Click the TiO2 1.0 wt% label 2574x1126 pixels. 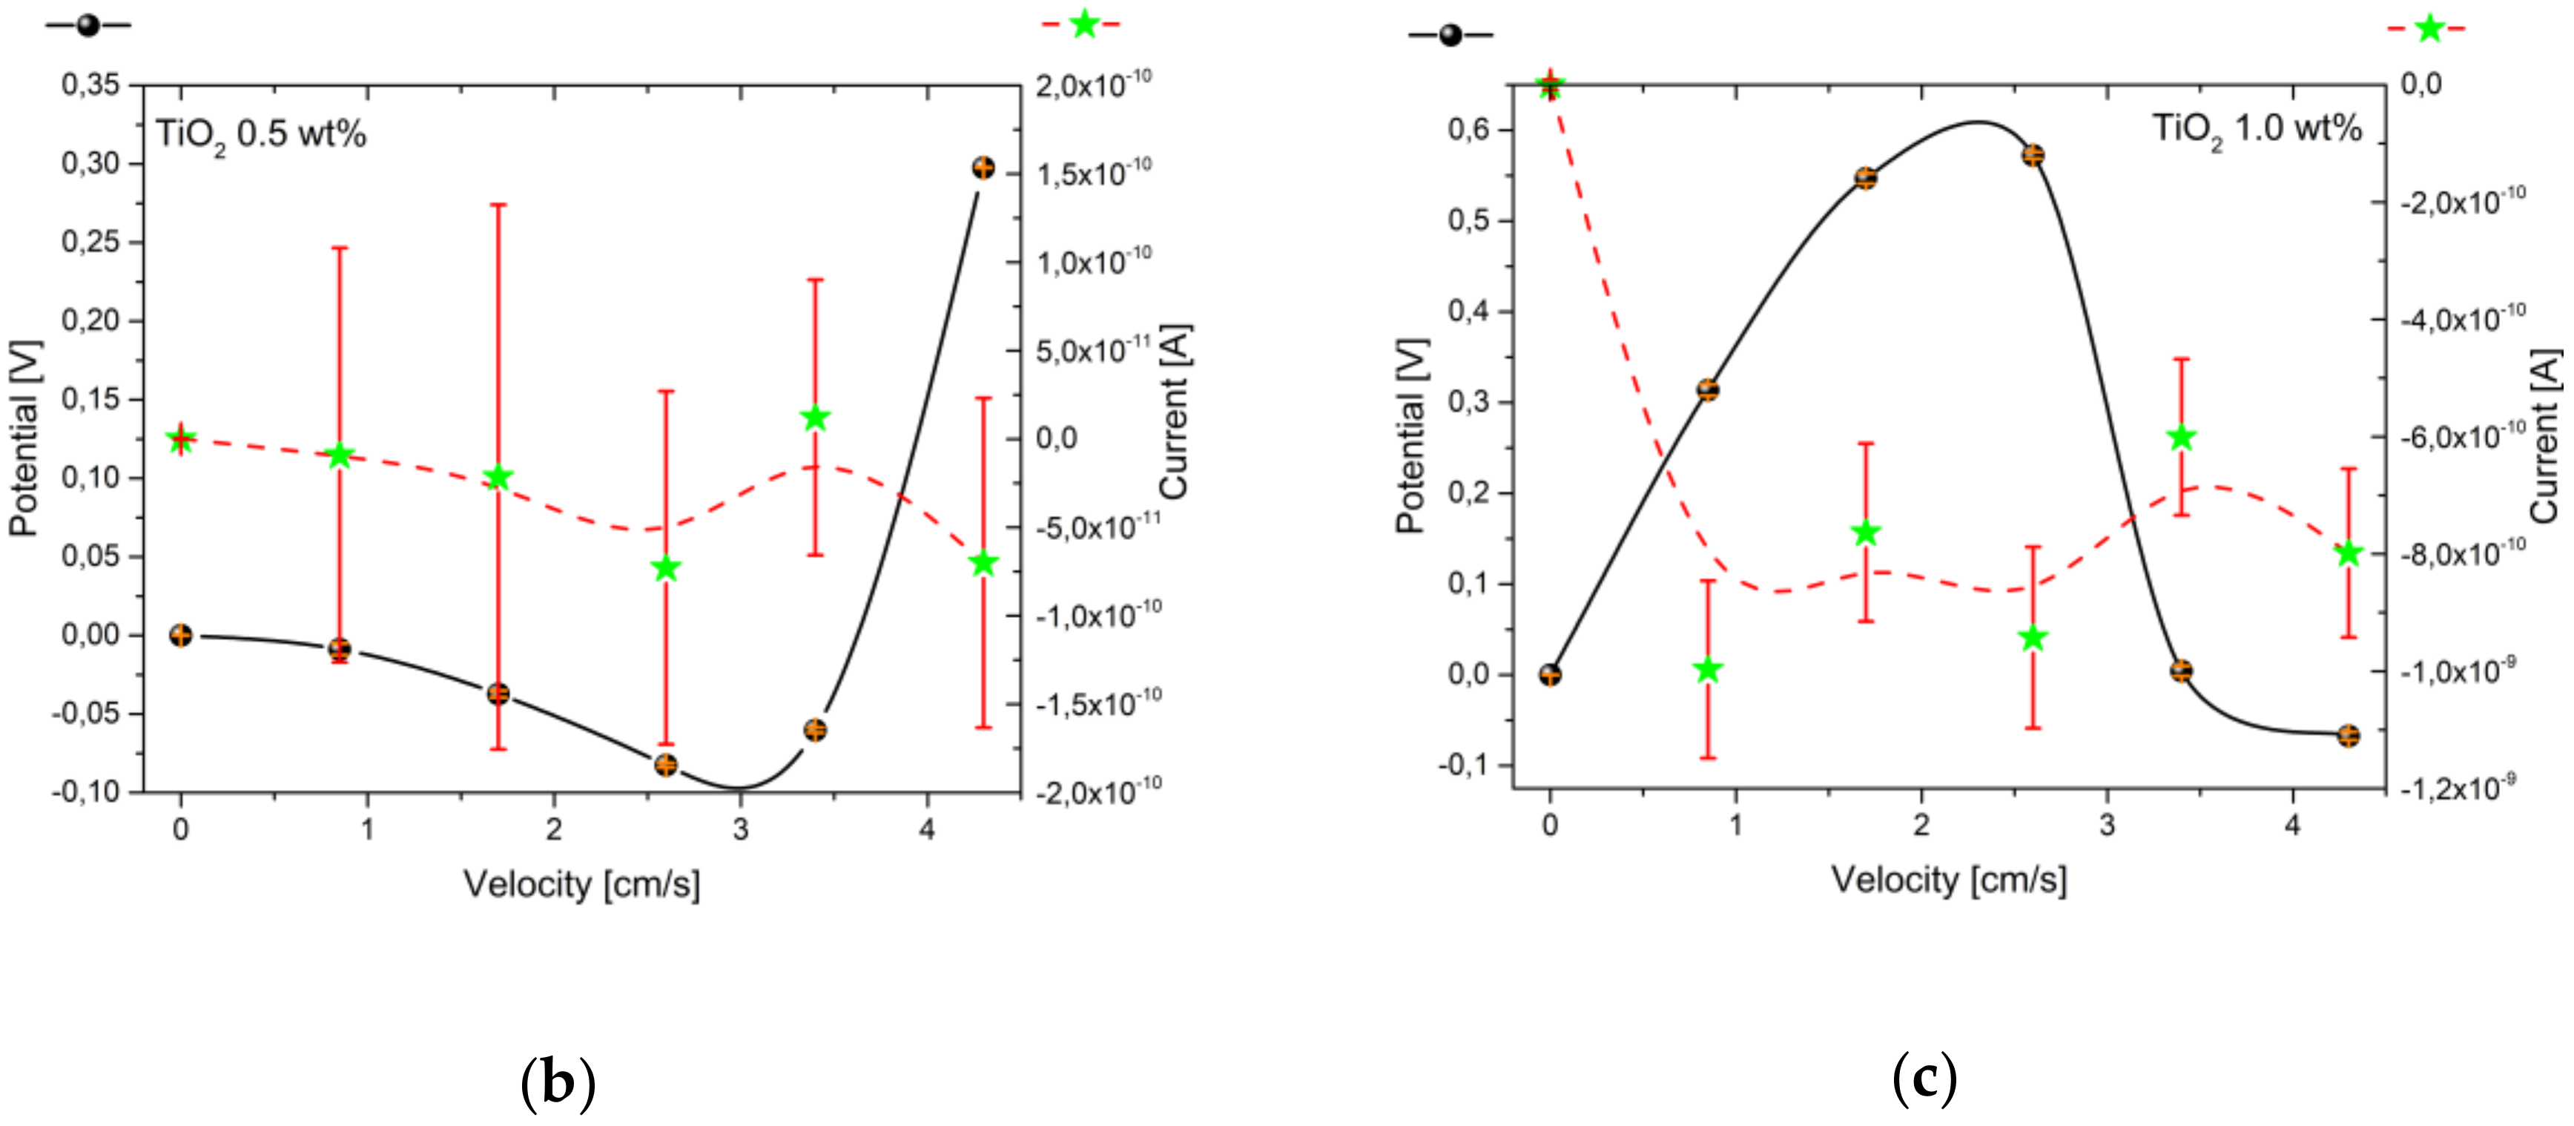pos(2257,130)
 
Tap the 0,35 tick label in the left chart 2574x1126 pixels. pos(91,85)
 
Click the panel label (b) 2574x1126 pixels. pos(558,1082)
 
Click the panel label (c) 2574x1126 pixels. pos(1924,1078)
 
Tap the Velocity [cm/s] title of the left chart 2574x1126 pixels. pos(581,883)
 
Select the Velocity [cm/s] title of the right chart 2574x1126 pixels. pos(1949,879)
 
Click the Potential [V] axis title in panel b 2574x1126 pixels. pos(24,438)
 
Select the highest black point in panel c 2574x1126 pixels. pos(2033,155)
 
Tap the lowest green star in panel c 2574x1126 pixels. pos(1708,669)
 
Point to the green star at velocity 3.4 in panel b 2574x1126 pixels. pos(816,418)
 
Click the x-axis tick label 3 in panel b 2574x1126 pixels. pos(740,829)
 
